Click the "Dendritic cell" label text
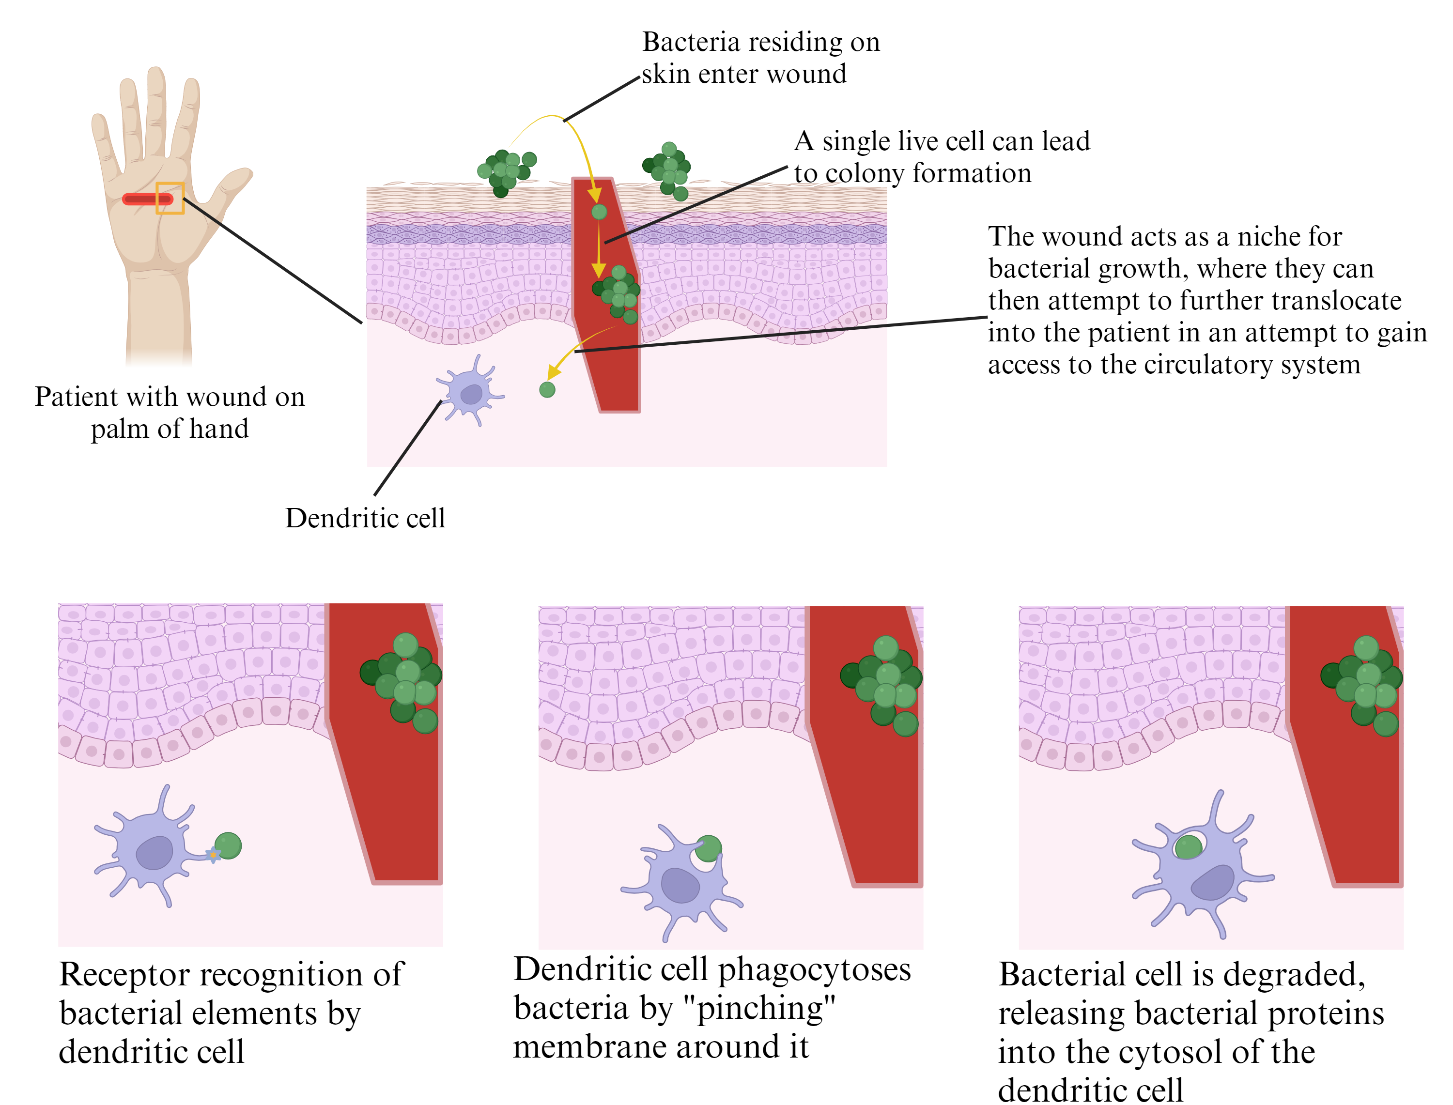coord(365,518)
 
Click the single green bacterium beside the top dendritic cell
coord(547,389)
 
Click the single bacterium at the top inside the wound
coord(599,212)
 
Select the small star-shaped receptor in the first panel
coord(213,855)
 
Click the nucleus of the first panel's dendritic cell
coord(155,853)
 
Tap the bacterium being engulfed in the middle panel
coord(709,848)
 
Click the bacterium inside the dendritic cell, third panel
coord(1188,847)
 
